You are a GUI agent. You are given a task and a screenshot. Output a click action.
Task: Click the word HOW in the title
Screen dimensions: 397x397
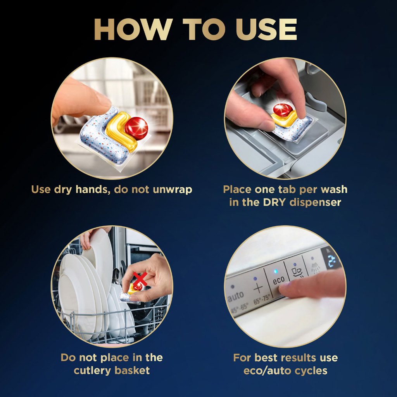point(133,29)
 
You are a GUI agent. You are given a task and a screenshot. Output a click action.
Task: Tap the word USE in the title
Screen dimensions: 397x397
point(266,29)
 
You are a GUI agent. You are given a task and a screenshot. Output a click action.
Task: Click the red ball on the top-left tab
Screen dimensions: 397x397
point(136,128)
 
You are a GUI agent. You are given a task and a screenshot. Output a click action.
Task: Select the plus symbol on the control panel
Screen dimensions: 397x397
point(259,288)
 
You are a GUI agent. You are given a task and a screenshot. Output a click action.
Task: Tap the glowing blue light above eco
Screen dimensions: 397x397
point(276,272)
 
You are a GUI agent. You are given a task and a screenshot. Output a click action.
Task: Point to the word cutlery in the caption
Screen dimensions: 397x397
point(92,370)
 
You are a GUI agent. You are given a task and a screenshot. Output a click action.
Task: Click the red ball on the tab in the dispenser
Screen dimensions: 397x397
point(283,110)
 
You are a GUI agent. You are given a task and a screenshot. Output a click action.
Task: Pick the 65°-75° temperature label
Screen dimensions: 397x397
point(262,299)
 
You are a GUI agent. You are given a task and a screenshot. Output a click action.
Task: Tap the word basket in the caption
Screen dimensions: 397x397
point(132,370)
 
